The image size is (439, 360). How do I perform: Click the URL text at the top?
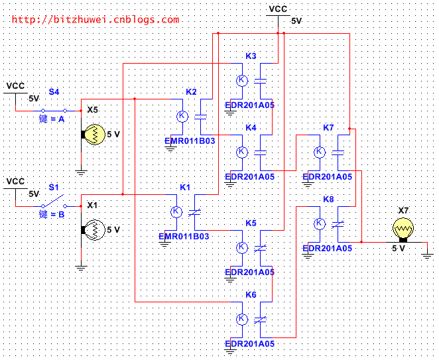[x=95, y=19]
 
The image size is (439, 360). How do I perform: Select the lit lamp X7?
[x=401, y=229]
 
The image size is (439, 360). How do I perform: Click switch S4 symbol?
[x=54, y=110]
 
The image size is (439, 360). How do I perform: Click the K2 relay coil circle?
[x=182, y=116]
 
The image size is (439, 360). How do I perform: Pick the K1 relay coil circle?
[x=176, y=211]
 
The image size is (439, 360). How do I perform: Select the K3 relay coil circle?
[x=242, y=80]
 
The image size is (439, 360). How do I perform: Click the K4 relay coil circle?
[x=242, y=152]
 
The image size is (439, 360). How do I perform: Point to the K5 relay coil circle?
[x=242, y=247]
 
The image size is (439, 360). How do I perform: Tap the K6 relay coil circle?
[x=242, y=319]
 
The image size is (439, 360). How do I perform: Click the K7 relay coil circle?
[x=320, y=152]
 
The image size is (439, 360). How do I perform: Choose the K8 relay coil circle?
[x=320, y=223]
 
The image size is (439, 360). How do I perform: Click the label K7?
[x=328, y=127]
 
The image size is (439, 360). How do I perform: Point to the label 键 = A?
[x=52, y=119]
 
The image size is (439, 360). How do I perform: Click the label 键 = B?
[x=52, y=215]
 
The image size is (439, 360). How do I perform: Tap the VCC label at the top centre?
[x=277, y=9]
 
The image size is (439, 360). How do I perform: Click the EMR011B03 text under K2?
[x=190, y=141]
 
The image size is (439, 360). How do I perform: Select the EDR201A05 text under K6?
[x=250, y=344]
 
